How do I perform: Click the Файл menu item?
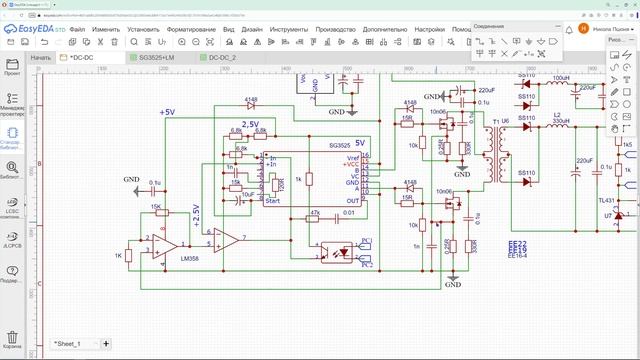pos(77,30)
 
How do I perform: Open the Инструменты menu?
pos(288,30)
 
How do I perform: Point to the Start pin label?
pos(271,200)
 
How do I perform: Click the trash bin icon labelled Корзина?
pos(13,342)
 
